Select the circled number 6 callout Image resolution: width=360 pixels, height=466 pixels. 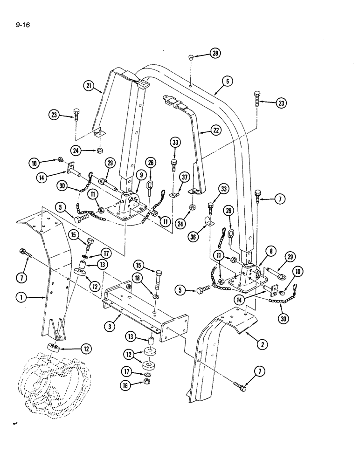click(227, 81)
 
